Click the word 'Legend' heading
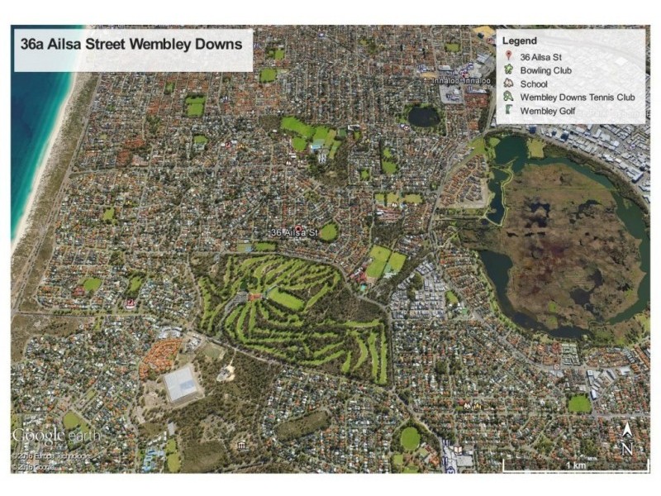click(521, 41)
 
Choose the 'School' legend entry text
click(535, 83)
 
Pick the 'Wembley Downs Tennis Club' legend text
click(578, 97)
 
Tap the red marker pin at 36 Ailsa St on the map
click(298, 228)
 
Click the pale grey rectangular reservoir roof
click(183, 383)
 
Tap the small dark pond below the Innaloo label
click(424, 116)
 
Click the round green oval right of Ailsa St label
click(329, 232)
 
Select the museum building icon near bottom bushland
click(240, 446)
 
